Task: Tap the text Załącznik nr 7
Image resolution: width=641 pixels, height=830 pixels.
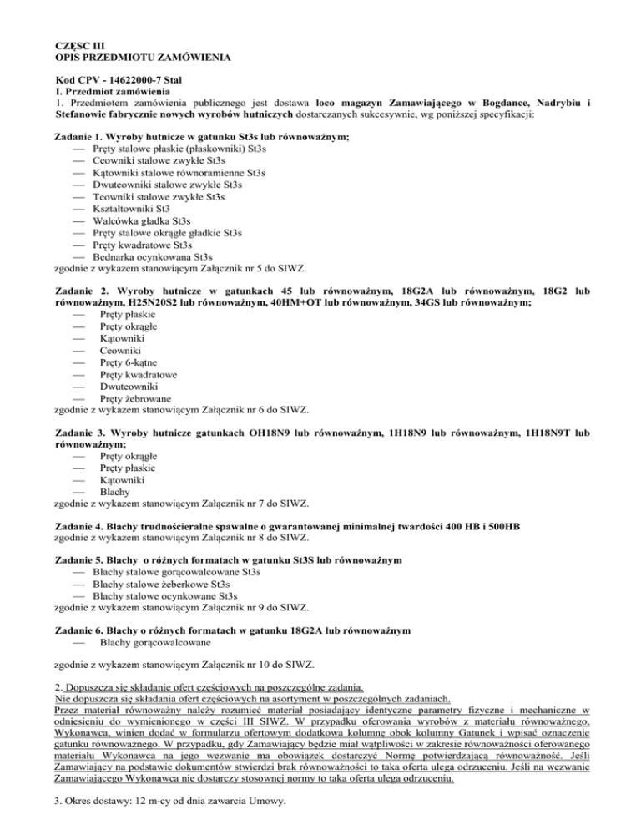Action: click(x=238, y=504)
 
